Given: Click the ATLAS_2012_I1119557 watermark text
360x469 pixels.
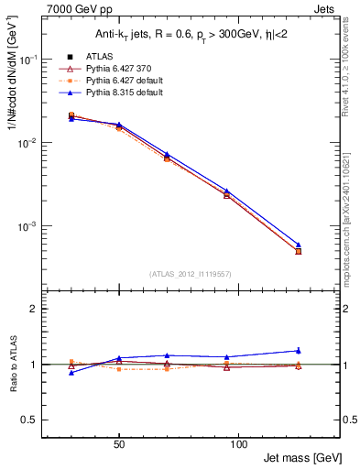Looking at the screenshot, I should click(189, 274).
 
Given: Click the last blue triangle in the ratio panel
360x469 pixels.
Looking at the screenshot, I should click(298, 350).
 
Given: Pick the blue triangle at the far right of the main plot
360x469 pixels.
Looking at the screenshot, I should click(298, 245).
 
